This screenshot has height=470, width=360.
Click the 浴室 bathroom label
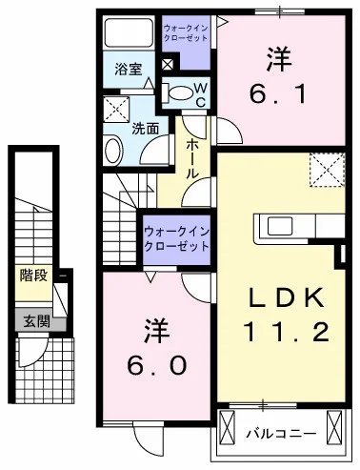[127, 70]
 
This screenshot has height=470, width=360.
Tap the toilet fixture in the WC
[178, 92]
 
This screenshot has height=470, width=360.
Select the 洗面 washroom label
[145, 128]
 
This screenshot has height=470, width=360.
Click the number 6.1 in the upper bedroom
[277, 93]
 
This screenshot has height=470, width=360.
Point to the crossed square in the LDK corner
[324, 173]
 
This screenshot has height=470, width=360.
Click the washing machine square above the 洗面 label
[116, 106]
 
